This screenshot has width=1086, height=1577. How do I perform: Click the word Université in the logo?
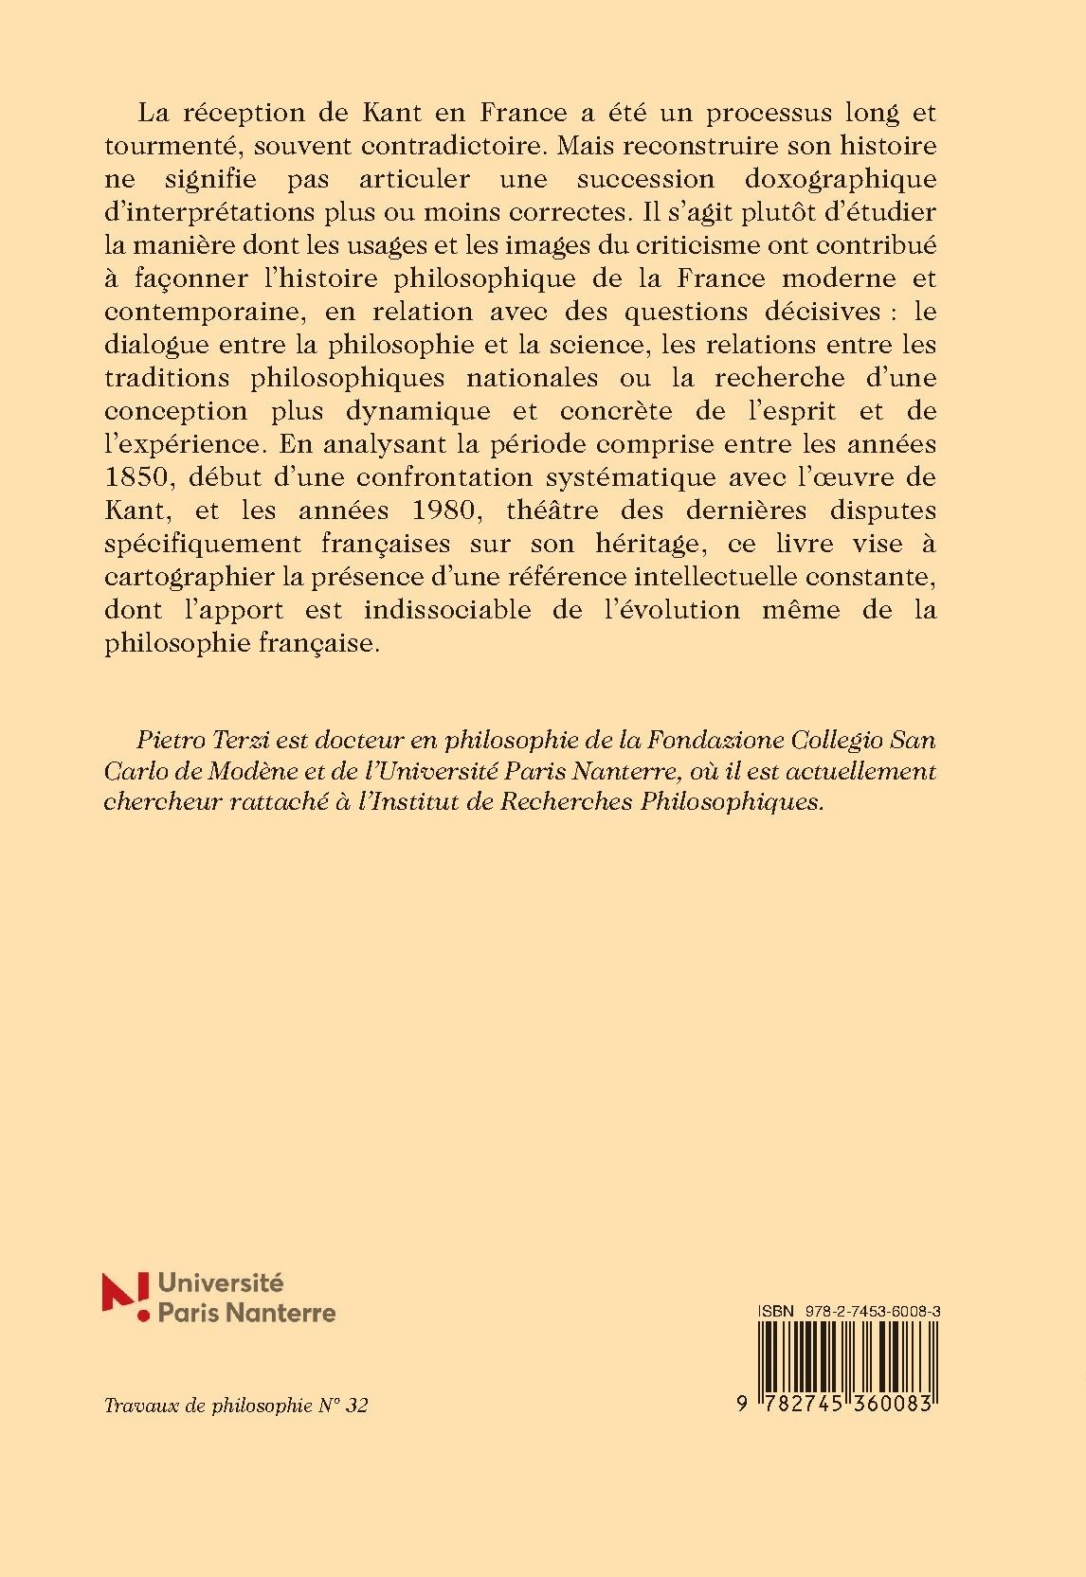tap(220, 1283)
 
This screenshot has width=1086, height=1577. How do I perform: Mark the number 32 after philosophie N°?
tap(357, 1405)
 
